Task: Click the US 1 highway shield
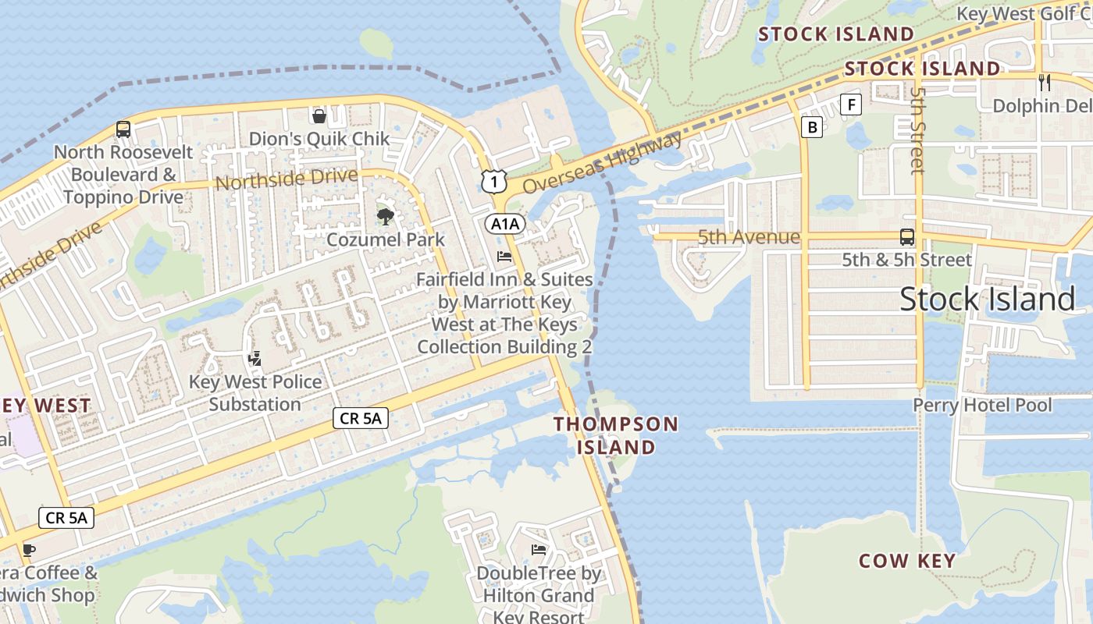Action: pyautogui.click(x=492, y=182)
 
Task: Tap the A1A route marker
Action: pyautogui.click(x=505, y=225)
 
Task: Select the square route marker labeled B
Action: pyautogui.click(x=812, y=127)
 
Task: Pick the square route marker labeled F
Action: pyautogui.click(x=851, y=105)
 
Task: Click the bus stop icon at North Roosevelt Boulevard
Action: pyautogui.click(x=123, y=129)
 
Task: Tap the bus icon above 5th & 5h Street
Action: pyautogui.click(x=906, y=236)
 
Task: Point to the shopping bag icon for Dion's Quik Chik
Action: pyautogui.click(x=319, y=116)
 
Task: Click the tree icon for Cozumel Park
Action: pyautogui.click(x=385, y=216)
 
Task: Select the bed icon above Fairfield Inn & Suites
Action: pyautogui.click(x=504, y=256)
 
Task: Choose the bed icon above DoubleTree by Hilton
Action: pyautogui.click(x=539, y=549)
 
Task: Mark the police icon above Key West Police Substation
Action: pyautogui.click(x=255, y=359)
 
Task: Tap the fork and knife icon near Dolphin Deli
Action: pyautogui.click(x=1045, y=82)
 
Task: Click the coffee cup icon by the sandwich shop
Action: pyautogui.click(x=29, y=549)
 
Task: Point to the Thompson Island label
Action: pyautogui.click(x=616, y=435)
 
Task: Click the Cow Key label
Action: pyautogui.click(x=907, y=561)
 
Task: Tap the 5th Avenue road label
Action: pyautogui.click(x=749, y=237)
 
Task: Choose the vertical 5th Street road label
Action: pyautogui.click(x=917, y=129)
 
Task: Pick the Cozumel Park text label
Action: pyautogui.click(x=386, y=239)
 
